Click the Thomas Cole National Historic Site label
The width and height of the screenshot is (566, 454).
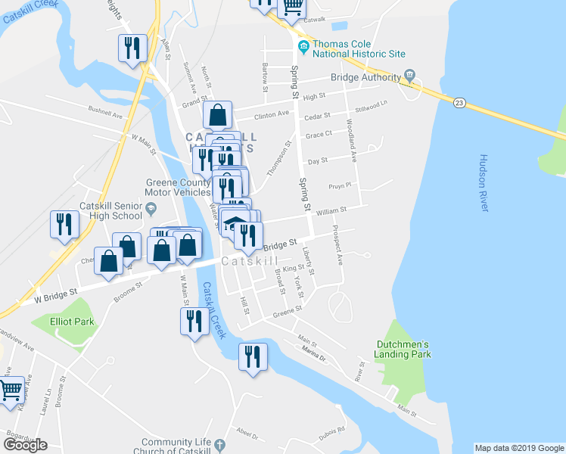tap(359, 48)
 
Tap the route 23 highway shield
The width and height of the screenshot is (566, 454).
tap(459, 102)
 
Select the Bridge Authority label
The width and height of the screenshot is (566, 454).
tap(365, 77)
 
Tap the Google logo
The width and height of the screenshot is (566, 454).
tap(25, 444)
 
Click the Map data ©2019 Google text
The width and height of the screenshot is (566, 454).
tap(519, 448)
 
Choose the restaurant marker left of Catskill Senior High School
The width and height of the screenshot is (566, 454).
tap(64, 224)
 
